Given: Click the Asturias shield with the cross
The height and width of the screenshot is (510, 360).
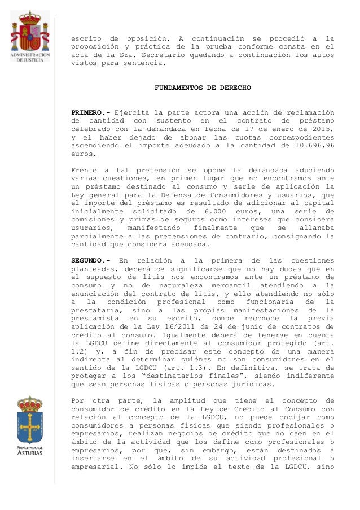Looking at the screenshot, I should pos(29,421).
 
